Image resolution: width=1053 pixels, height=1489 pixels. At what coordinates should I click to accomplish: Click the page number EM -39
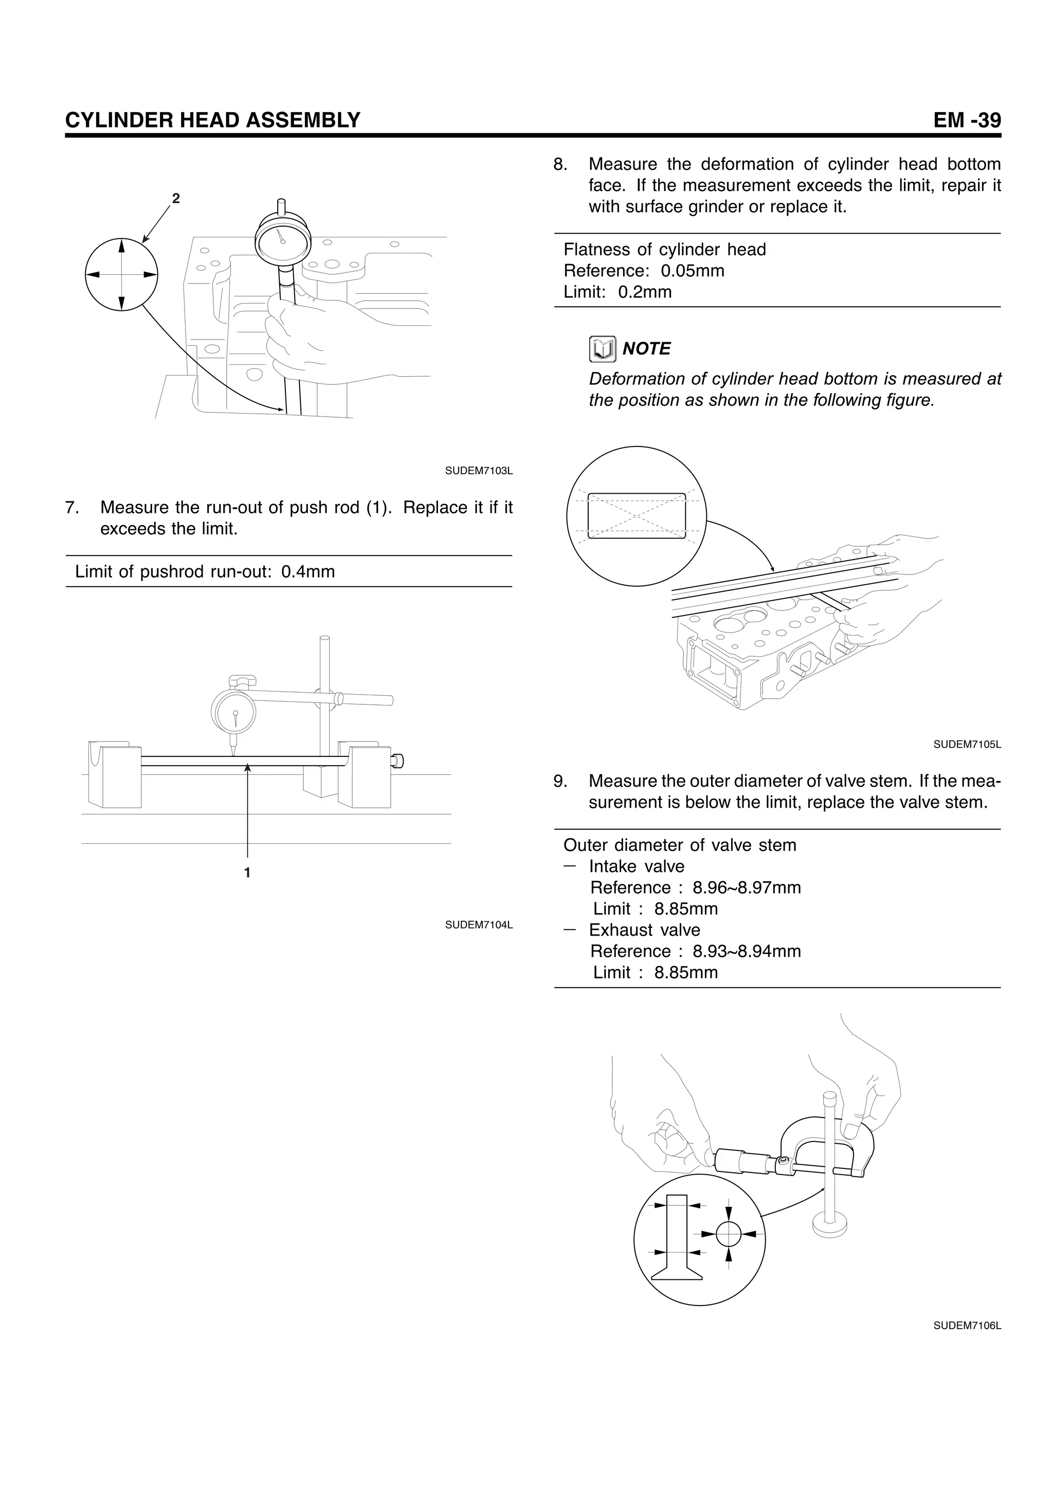(x=967, y=121)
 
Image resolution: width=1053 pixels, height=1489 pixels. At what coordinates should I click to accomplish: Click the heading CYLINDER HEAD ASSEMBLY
(x=212, y=121)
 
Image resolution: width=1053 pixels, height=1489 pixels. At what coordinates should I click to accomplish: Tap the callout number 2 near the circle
(x=175, y=198)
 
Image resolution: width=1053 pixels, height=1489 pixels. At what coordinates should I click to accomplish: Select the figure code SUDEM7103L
(x=478, y=471)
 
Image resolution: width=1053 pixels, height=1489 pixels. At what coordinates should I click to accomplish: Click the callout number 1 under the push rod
(x=247, y=873)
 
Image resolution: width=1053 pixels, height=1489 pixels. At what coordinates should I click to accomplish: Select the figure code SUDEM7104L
(x=478, y=925)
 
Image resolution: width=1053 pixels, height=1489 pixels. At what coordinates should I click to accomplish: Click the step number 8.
(x=560, y=165)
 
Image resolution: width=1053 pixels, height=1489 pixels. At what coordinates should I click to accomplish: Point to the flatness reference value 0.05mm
(x=692, y=270)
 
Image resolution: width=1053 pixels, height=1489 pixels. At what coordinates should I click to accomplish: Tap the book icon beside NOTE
(x=602, y=349)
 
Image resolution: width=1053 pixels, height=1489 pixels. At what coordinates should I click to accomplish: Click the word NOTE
(x=646, y=349)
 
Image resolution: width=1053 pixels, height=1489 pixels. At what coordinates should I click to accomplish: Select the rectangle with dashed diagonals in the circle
(x=637, y=515)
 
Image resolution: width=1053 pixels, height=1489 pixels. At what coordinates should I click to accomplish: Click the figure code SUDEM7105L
(x=967, y=744)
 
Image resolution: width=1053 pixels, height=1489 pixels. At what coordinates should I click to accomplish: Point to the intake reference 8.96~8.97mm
(x=746, y=888)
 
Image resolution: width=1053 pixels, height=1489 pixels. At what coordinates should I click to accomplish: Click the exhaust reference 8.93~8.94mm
(x=746, y=952)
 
